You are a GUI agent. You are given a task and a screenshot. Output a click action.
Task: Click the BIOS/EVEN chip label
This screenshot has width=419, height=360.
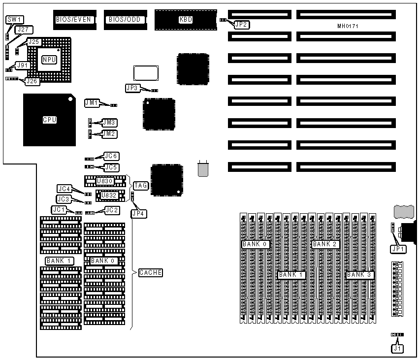pyautogui.click(x=74, y=20)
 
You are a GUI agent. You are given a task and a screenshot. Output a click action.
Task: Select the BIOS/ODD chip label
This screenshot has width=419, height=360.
pyautogui.click(x=123, y=20)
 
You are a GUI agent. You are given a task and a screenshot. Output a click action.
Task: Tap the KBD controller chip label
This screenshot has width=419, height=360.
pyautogui.click(x=186, y=20)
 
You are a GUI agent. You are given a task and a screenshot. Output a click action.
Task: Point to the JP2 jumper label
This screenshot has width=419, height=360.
pyautogui.click(x=242, y=24)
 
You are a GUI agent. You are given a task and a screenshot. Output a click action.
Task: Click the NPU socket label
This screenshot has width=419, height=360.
pyautogui.click(x=49, y=60)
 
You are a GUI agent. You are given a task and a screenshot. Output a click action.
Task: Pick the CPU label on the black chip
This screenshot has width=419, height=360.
pyautogui.click(x=49, y=120)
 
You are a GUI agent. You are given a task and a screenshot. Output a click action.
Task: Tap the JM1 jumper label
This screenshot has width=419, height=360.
pyautogui.click(x=92, y=103)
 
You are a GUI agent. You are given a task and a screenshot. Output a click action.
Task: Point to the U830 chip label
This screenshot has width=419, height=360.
pyautogui.click(x=105, y=181)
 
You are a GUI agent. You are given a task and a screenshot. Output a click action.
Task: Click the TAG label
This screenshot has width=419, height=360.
pyautogui.click(x=141, y=186)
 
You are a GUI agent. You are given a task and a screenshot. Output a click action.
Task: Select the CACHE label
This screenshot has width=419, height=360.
pyautogui.click(x=150, y=272)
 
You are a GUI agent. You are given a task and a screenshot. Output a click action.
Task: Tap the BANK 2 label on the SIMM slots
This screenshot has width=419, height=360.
pyautogui.click(x=324, y=244)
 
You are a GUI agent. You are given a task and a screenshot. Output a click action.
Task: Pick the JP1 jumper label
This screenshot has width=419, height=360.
pyautogui.click(x=398, y=249)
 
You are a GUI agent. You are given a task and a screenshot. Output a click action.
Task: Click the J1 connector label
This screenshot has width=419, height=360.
pyautogui.click(x=397, y=348)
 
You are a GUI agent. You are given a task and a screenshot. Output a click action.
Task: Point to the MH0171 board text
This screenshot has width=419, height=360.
pyautogui.click(x=348, y=25)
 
